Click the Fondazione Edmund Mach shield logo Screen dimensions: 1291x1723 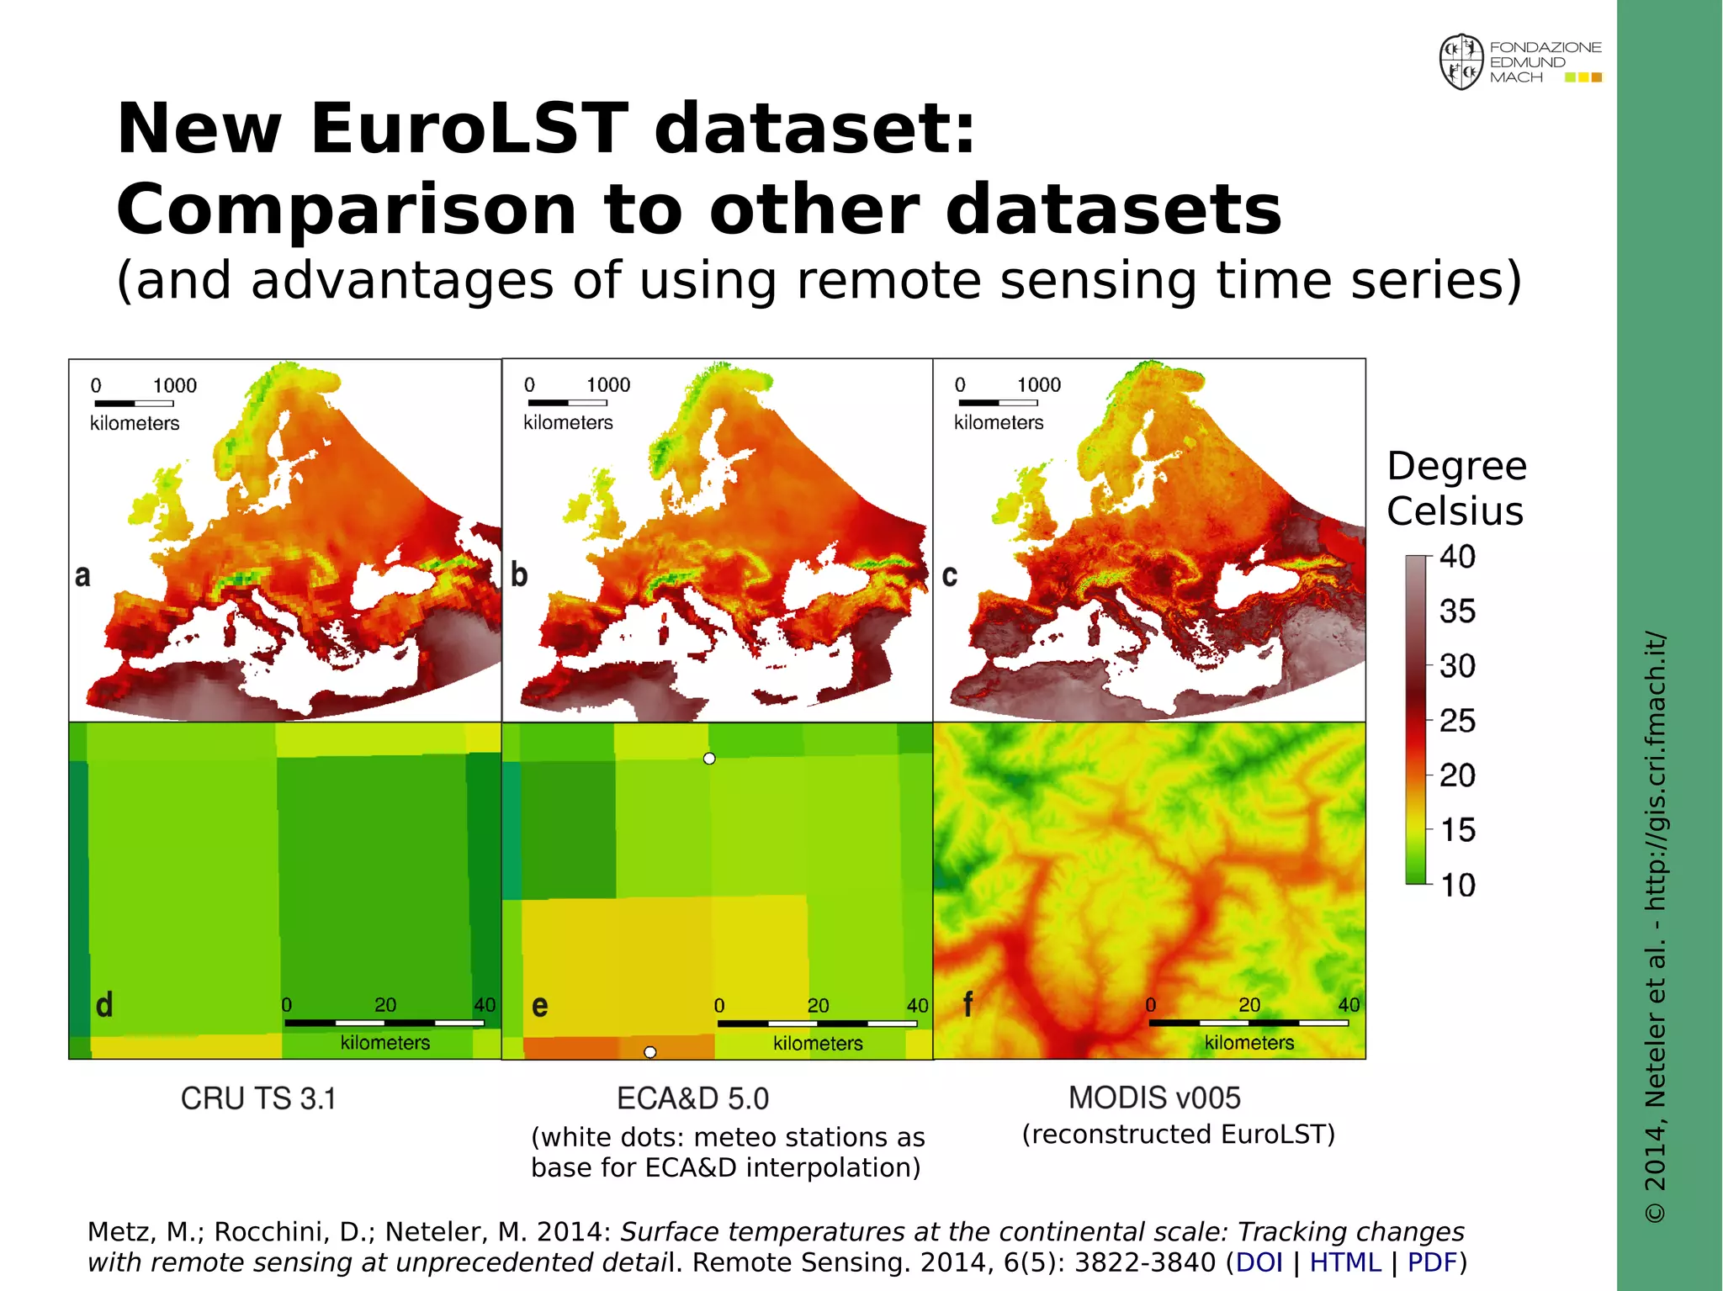[x=1461, y=62]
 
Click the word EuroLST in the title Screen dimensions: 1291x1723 [x=469, y=129]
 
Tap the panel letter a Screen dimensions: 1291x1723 [x=82, y=575]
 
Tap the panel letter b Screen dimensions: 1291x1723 [x=519, y=574]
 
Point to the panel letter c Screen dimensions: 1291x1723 [x=950, y=575]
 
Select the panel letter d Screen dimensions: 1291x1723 [x=104, y=1004]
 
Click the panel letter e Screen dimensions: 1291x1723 [x=540, y=1005]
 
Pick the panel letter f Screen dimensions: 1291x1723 [x=968, y=1003]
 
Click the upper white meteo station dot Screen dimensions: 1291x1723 [x=709, y=759]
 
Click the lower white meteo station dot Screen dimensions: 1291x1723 [x=650, y=1052]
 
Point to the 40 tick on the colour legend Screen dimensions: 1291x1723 [x=1457, y=557]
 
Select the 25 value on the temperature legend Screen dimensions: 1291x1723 [x=1457, y=721]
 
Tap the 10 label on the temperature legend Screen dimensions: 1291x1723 [x=1457, y=885]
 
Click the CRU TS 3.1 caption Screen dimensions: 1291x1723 [x=258, y=1098]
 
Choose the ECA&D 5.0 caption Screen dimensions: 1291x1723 [x=692, y=1098]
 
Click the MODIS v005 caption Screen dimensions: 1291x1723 [x=1154, y=1098]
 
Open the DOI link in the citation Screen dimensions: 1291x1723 [x=1259, y=1262]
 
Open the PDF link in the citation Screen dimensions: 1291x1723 [x=1432, y=1262]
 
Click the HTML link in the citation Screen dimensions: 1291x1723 [x=1345, y=1262]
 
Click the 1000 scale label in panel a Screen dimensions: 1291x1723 [x=174, y=386]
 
